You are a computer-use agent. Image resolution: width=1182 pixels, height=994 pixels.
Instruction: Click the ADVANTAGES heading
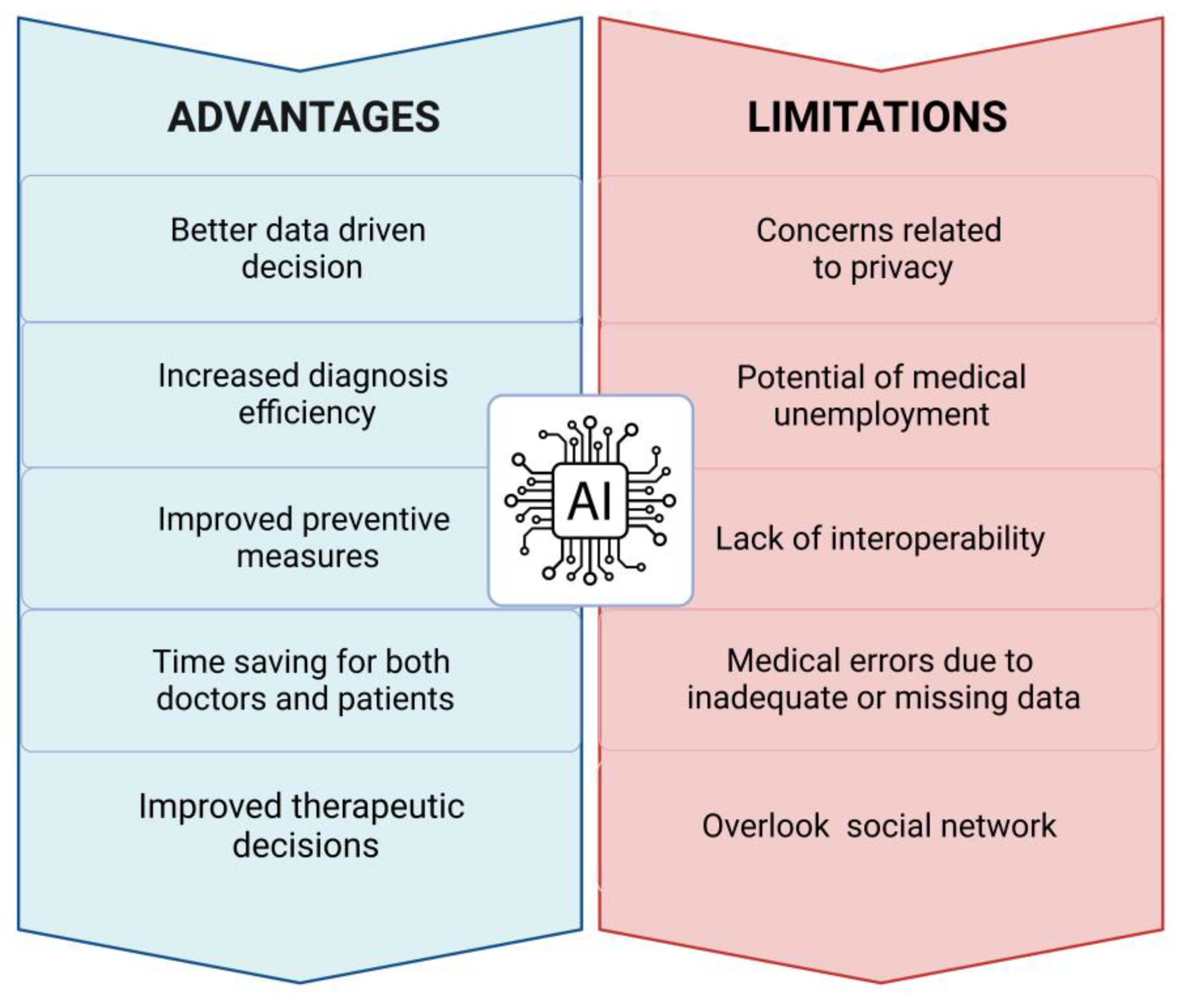click(x=304, y=117)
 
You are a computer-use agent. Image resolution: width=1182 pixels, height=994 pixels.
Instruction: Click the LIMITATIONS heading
click(x=877, y=117)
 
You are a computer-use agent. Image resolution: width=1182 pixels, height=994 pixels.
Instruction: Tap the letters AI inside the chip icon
click(x=590, y=501)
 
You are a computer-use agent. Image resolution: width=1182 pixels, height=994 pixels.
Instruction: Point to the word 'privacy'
click(x=902, y=268)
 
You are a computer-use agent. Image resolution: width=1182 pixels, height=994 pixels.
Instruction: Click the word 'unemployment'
click(x=881, y=415)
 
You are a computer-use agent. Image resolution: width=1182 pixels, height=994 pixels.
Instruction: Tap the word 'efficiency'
click(x=307, y=413)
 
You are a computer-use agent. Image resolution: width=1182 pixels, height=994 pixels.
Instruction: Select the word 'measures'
click(x=308, y=557)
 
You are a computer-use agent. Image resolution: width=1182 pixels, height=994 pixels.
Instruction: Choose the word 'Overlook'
click(x=765, y=826)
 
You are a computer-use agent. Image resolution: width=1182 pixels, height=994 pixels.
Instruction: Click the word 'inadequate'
click(x=768, y=698)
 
